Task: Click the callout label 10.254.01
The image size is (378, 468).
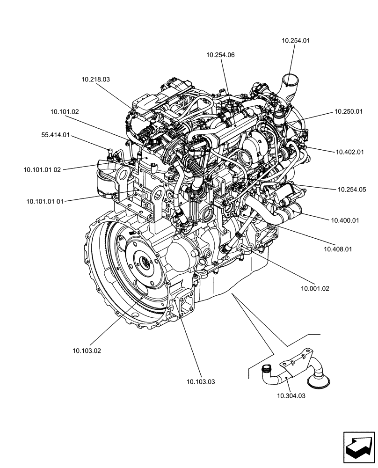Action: tap(296, 41)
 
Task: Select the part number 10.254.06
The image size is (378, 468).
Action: tap(220, 55)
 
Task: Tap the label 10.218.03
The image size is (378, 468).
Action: tap(95, 80)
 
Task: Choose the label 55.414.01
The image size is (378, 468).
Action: tap(56, 135)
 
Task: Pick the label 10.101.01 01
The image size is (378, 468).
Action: tap(45, 202)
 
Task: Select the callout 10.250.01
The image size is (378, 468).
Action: tap(349, 112)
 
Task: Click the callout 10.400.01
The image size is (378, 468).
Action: tap(345, 220)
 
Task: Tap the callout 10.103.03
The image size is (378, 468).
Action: tap(201, 381)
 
